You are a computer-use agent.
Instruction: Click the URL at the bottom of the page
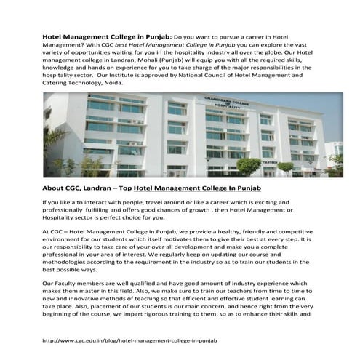pos(130,340)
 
